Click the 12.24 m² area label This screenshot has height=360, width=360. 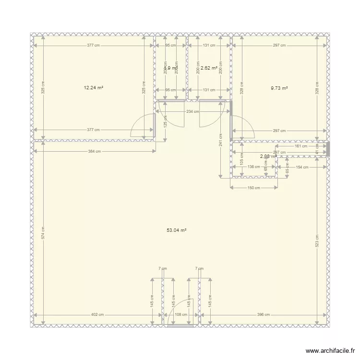coord(94,88)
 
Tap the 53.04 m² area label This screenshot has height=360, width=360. coord(176,230)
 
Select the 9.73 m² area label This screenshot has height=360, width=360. coord(279,88)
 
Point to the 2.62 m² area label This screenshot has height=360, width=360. coord(209,68)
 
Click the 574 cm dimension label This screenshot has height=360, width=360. coord(43,233)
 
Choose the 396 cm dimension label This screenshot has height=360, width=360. coord(264,315)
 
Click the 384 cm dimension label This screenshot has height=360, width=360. coord(95,152)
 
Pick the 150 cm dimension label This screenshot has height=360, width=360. coord(254,188)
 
